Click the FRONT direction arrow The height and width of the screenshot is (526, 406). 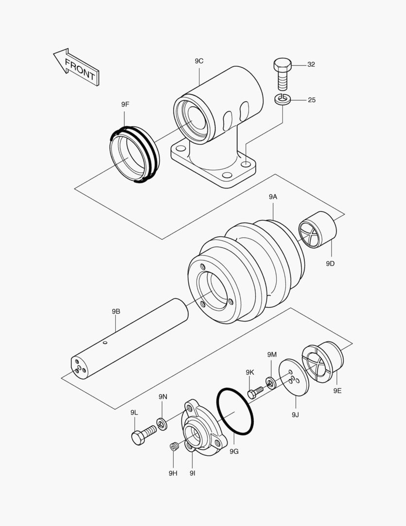point(77,67)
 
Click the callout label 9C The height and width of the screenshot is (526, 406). point(199,61)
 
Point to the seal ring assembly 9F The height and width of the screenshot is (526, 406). point(133,154)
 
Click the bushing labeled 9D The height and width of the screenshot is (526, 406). point(317,229)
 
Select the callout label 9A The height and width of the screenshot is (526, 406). point(273,197)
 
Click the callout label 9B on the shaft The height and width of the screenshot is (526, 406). point(116,311)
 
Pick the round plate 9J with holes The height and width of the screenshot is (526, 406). point(293,377)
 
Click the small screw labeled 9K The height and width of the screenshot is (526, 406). point(255,392)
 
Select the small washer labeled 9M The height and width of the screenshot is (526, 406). point(270,382)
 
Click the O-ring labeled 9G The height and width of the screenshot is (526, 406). point(235,412)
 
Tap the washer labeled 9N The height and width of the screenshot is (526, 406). point(162,424)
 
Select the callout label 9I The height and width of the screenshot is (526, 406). point(193,473)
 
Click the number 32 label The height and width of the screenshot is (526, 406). point(311,64)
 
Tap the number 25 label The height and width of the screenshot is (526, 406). point(312,100)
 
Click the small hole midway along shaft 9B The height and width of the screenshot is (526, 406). point(105,343)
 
